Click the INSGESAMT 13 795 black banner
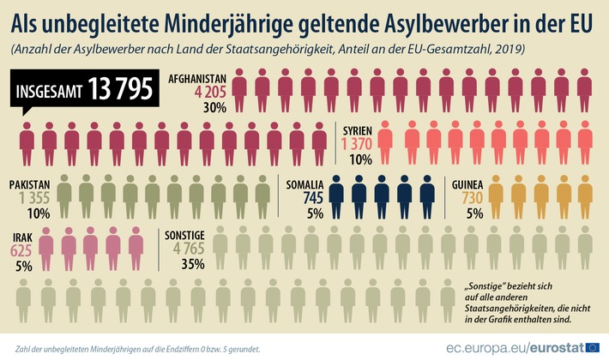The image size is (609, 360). coord(83,88)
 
